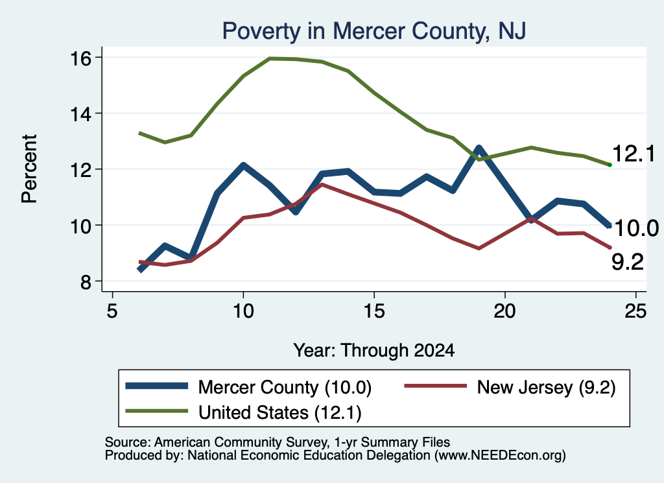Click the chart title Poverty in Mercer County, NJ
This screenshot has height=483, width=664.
point(374,31)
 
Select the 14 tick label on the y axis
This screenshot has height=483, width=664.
point(80,114)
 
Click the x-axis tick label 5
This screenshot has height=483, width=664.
point(112,311)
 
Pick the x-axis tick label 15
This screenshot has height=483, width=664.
point(374,311)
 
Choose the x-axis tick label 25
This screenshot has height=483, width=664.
point(635,311)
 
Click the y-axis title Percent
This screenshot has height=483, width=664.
point(29,169)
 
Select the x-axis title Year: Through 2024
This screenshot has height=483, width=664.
point(374,351)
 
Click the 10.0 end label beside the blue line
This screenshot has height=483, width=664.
point(635,229)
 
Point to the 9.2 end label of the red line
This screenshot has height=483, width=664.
point(628,262)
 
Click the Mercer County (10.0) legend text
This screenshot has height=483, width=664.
point(285,387)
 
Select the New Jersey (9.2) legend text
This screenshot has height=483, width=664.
point(546,387)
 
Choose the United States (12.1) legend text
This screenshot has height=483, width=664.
point(280,413)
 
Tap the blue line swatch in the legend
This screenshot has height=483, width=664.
point(157,386)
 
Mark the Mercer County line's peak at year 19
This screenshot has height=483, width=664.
point(479,148)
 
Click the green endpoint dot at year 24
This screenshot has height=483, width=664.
point(610,165)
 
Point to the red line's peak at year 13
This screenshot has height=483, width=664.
point(322,185)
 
